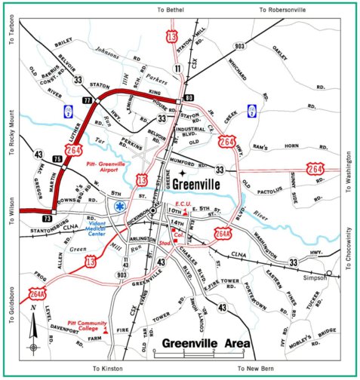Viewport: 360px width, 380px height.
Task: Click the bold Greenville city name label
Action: point(198,184)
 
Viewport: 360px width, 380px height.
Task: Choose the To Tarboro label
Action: point(11,30)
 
